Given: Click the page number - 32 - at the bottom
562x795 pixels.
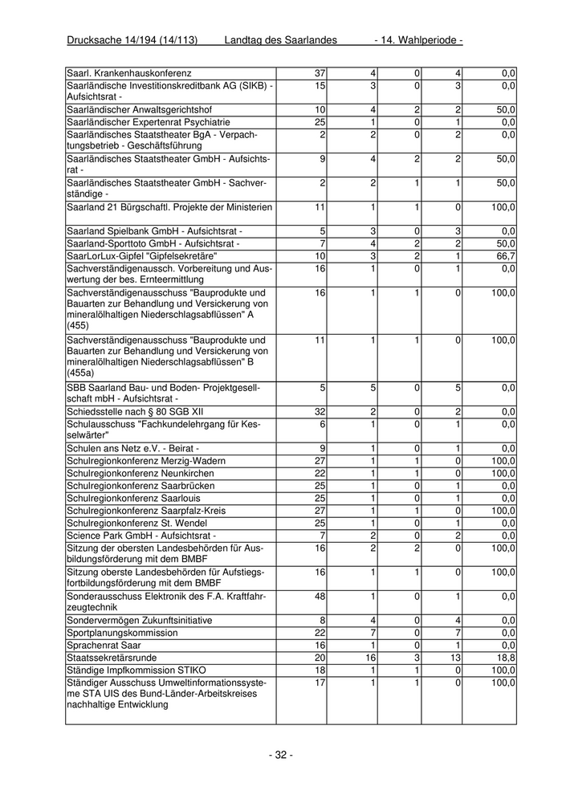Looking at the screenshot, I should point(280,755).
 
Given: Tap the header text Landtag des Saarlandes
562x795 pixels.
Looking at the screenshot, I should point(280,40).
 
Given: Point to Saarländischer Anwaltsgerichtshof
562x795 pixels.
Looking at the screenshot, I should point(140,109).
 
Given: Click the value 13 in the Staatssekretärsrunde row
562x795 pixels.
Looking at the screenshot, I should point(455,657).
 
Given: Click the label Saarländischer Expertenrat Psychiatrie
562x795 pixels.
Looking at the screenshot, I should point(149,121).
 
